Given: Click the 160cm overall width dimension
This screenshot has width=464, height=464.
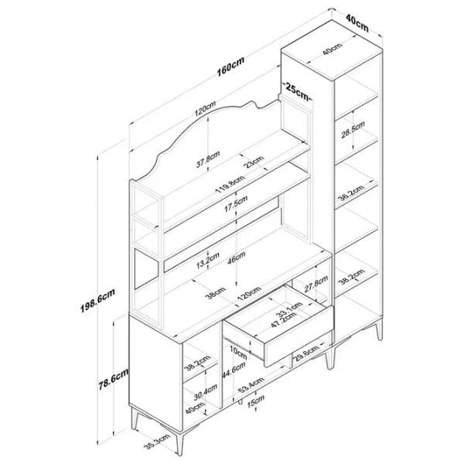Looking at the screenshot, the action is (230, 67).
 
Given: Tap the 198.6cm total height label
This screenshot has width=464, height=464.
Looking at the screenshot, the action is (97, 300).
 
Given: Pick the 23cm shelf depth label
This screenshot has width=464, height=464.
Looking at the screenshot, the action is (254, 162).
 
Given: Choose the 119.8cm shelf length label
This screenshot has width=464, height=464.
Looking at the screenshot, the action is (230, 184).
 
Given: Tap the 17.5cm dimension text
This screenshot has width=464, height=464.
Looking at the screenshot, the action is (236, 204).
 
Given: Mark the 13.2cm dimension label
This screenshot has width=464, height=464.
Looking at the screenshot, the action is (208, 261).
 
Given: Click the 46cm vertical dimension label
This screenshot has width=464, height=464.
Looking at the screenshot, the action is (237, 258).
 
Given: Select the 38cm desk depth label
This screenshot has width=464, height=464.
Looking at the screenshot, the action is (217, 293).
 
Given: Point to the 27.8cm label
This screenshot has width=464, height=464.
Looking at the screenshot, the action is (316, 284).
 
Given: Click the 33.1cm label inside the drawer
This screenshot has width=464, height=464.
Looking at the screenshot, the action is (289, 309).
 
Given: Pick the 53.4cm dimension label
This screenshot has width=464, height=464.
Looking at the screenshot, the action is (251, 385).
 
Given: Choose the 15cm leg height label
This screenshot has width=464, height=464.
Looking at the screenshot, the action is (256, 401).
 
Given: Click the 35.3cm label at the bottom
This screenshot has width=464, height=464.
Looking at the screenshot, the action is (157, 442).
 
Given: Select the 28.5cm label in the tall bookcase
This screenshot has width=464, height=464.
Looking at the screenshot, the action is (353, 130).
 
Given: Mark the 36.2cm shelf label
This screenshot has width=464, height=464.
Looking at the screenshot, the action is (351, 193).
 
